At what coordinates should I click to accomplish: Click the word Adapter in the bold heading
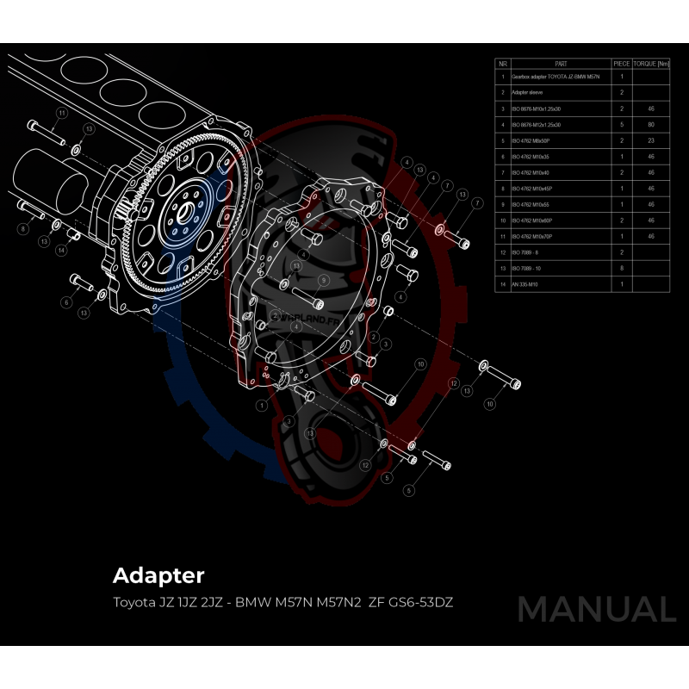pos(158,574)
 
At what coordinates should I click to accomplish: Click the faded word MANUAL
pos(596,609)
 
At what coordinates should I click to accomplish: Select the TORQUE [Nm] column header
pos(651,64)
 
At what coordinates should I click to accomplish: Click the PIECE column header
pos(621,64)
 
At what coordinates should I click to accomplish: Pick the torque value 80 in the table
pos(651,125)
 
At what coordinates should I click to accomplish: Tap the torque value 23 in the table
pos(651,140)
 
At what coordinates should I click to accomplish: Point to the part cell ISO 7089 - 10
pos(526,268)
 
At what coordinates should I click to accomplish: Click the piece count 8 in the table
pos(622,268)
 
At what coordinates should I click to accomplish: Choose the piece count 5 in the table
pos(622,125)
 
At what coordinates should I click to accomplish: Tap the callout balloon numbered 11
pos(62,114)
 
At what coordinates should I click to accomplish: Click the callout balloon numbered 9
pos(323,281)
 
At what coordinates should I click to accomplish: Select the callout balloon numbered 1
pos(261,403)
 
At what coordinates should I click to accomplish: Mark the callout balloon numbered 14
pos(61,251)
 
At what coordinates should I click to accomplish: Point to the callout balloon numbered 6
pos(65,302)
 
